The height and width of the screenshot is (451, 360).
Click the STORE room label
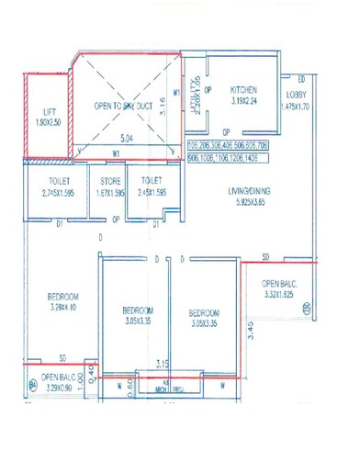[x=110, y=182]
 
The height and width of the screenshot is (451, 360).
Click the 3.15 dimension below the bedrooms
[x=163, y=363]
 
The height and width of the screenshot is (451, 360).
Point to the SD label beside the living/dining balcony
[x=265, y=255]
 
